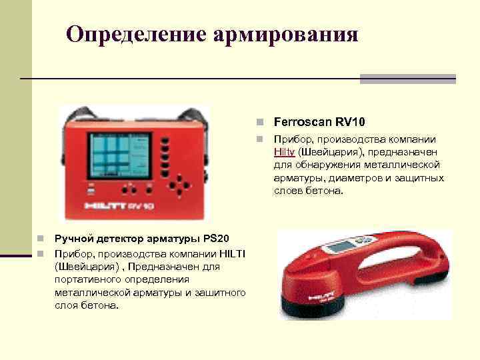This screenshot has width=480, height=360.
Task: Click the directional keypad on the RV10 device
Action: coord(179,183)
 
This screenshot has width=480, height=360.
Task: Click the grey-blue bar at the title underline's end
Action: coord(407,79)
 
